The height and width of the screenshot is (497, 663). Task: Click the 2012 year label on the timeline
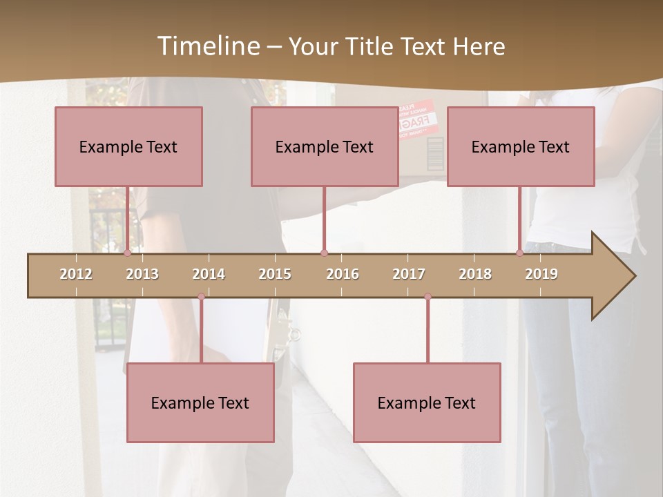pos(76,274)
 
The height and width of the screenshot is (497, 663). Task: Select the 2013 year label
pos(142,274)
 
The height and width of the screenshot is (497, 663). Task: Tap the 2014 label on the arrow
pos(209,274)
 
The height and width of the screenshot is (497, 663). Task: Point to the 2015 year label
pos(275,274)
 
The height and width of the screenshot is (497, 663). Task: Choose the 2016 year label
pos(343,274)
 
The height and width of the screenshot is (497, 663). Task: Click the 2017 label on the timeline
pos(409,274)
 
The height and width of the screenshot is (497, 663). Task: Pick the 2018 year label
pos(475,274)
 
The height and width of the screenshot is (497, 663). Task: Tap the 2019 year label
pos(541,274)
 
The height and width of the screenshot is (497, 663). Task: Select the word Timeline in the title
pos(207,46)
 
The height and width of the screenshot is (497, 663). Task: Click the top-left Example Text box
pos(128,146)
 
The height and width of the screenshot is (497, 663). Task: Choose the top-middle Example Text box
pos(325,146)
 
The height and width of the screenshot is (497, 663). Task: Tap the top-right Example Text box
pos(521,146)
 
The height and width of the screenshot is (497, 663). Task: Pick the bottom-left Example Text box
pos(200,402)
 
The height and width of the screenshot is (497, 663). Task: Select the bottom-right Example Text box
pos(427,402)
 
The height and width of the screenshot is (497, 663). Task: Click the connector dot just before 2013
pos(127,253)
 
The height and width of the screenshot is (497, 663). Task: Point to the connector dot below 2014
pos(201,297)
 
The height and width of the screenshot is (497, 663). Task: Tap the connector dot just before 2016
pos(324,253)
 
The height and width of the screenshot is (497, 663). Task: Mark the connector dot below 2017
pos(427,297)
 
